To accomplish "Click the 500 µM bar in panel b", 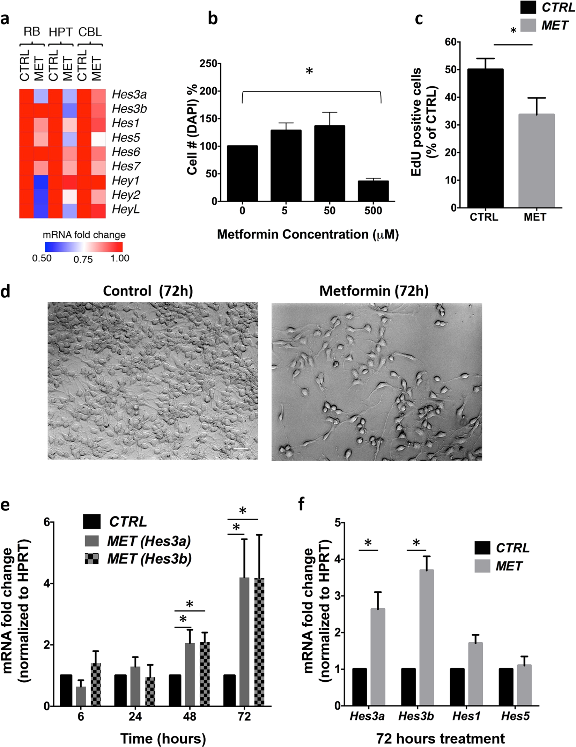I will (373, 191).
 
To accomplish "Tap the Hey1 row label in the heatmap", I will (126, 181).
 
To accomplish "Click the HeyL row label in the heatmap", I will (126, 209).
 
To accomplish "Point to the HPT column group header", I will (60, 32).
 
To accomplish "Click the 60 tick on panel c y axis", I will (451, 42).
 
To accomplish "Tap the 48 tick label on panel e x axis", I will (190, 717).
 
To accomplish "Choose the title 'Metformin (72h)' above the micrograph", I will (374, 291).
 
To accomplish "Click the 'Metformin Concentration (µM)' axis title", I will (308, 234).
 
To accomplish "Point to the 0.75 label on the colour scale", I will (83, 259).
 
